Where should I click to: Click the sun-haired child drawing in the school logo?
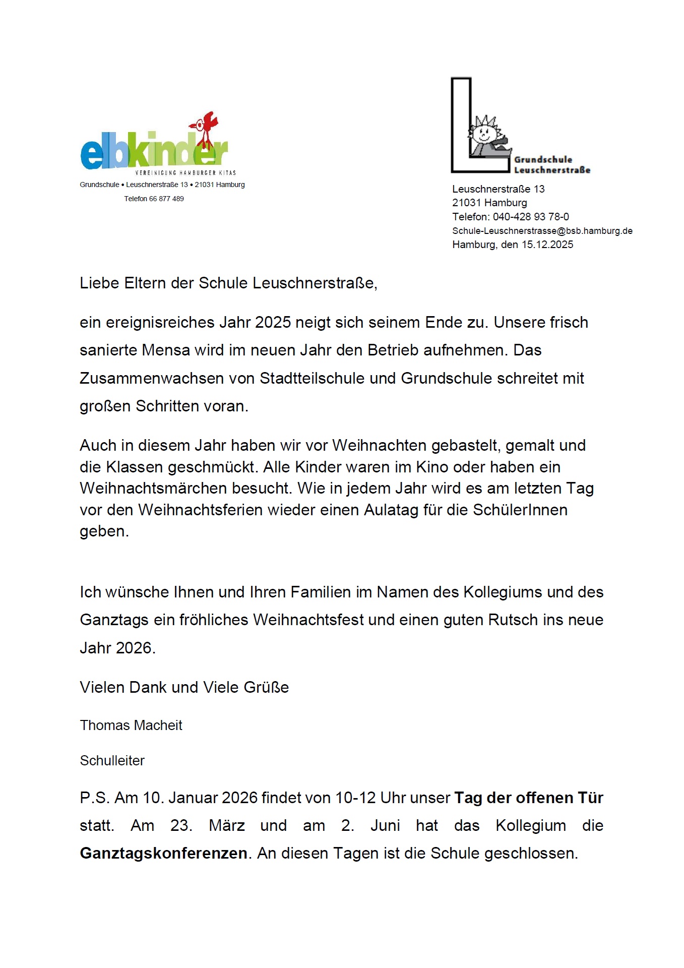[x=485, y=134]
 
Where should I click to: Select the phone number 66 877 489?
[x=166, y=199]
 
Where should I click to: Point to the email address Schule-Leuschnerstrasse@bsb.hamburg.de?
[x=542, y=231]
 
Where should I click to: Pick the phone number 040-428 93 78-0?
[x=531, y=217]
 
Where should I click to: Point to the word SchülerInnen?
[x=520, y=510]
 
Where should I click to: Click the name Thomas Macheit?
[x=131, y=725]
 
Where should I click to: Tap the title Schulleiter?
[x=112, y=761]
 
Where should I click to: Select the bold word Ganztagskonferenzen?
[x=163, y=854]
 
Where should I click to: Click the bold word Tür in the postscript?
[x=590, y=798]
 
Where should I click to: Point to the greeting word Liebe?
[x=99, y=283]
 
